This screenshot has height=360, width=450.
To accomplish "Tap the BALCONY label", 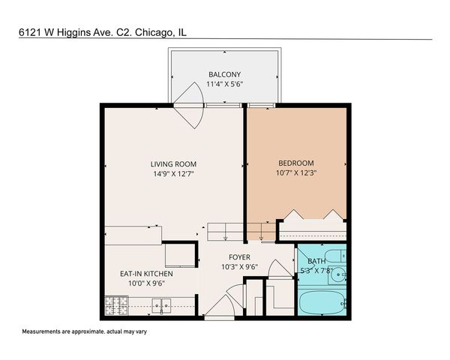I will (x=224, y=74).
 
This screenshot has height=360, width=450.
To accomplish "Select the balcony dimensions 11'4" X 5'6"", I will (x=224, y=84).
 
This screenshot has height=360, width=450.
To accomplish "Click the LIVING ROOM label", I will (x=173, y=164).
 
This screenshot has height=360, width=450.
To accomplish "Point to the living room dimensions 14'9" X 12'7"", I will (x=173, y=174).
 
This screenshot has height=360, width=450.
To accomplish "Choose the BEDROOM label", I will (x=296, y=163).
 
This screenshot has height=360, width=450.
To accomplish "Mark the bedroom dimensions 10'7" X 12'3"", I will (x=296, y=173).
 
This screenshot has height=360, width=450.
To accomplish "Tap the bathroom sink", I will (x=339, y=274).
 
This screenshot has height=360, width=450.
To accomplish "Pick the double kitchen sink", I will (x=160, y=305).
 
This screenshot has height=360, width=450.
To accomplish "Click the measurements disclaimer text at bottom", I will (x=85, y=331).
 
